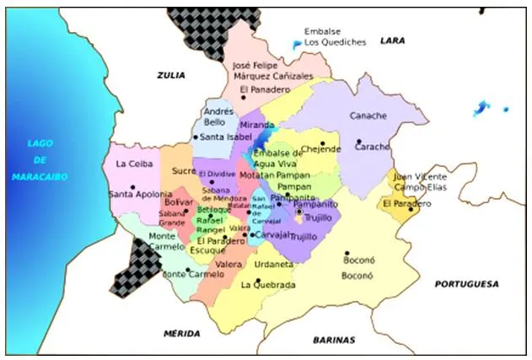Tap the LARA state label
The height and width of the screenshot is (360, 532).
click(393, 40)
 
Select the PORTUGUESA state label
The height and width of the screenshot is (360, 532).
click(466, 284)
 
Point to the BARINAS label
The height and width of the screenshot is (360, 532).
click(334, 340)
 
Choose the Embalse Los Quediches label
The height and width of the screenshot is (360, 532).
click(335, 36)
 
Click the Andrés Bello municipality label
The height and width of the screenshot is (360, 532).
click(219, 116)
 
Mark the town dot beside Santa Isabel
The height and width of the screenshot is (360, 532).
click(196, 137)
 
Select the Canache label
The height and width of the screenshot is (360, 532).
click(368, 116)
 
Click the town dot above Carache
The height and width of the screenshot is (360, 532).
click(359, 141)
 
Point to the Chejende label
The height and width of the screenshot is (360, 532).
click(321, 149)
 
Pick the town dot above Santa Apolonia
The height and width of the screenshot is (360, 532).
click(132, 186)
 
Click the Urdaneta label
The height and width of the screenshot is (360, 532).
click(274, 264)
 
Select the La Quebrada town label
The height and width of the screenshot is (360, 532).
click(268, 285)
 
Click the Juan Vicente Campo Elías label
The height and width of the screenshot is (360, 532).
click(420, 181)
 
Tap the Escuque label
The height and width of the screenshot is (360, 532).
click(207, 250)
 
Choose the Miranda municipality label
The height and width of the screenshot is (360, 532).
click(257, 124)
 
